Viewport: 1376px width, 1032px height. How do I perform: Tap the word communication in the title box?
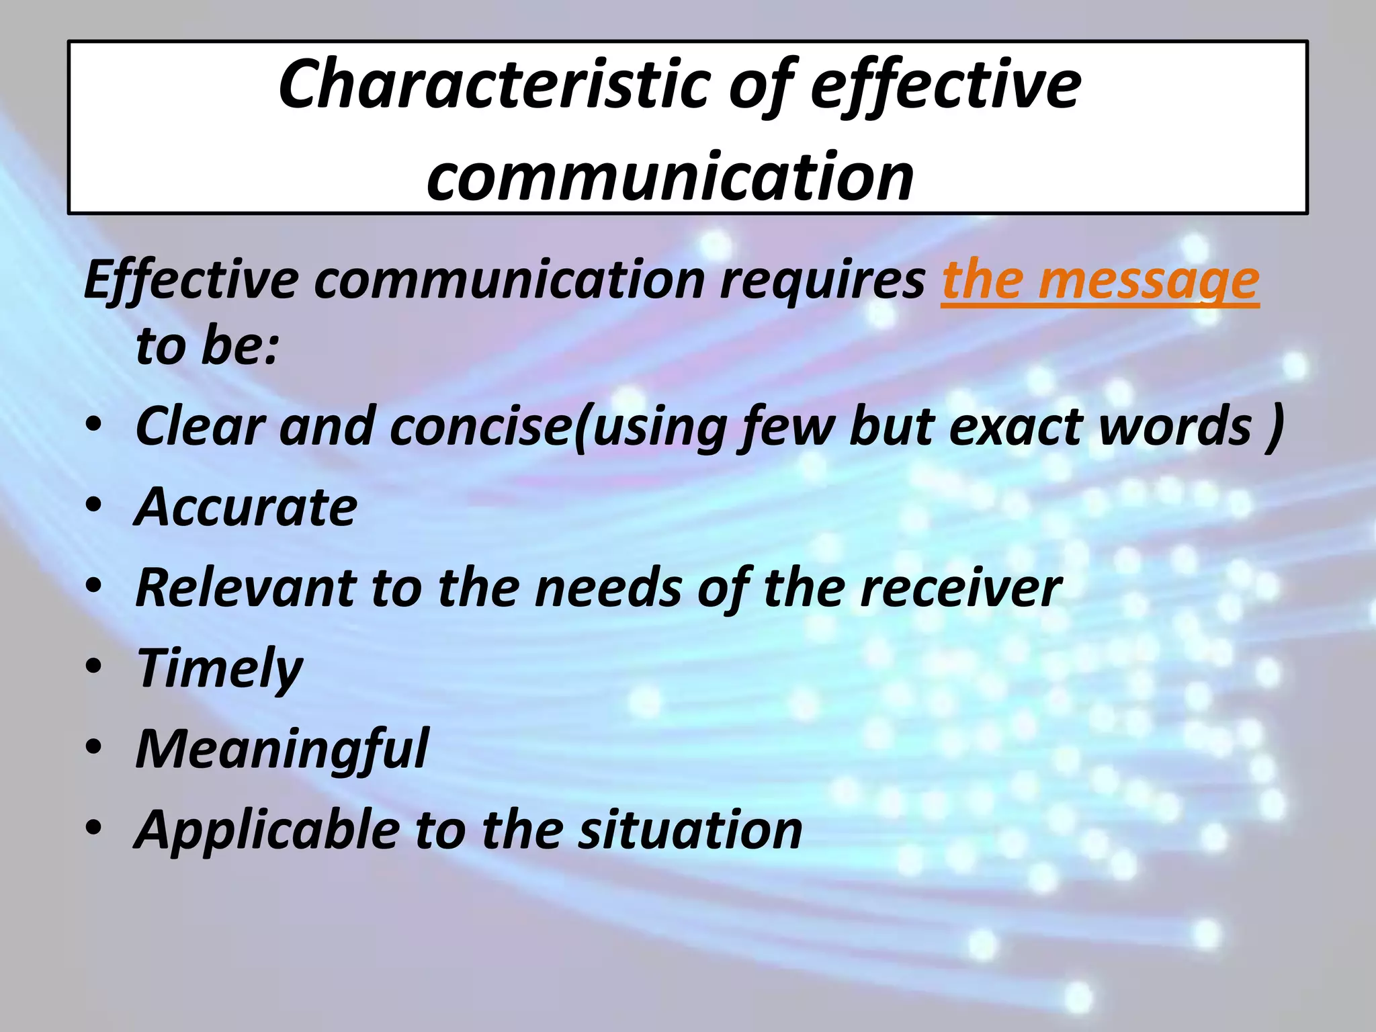tap(670, 177)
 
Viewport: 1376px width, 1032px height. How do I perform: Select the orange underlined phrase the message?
tap(1100, 281)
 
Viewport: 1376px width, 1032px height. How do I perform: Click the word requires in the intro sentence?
tap(822, 281)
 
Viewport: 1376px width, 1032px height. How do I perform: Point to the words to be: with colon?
tap(207, 347)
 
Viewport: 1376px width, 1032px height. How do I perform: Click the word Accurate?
tap(246, 507)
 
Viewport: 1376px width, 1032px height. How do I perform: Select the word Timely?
tap(220, 669)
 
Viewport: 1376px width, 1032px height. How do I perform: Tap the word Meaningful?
tap(282, 749)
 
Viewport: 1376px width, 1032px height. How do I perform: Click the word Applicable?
tap(267, 831)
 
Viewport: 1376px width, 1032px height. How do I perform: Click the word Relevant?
tap(245, 589)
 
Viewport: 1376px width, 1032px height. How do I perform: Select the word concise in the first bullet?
tap(479, 427)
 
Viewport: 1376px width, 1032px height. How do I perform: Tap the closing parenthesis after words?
tap(1274, 427)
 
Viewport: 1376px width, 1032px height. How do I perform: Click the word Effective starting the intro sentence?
tap(191, 281)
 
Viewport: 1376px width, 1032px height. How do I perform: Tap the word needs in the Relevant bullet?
tap(608, 589)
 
